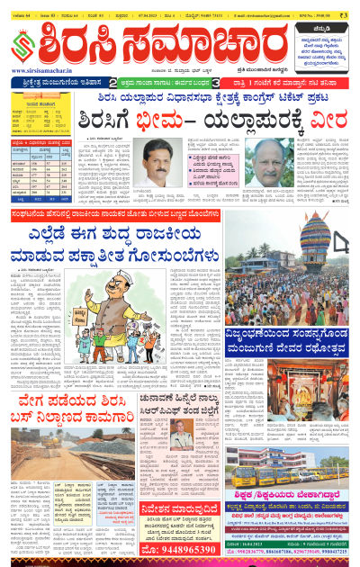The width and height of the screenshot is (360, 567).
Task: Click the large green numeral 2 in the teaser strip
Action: pos(126,83)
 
